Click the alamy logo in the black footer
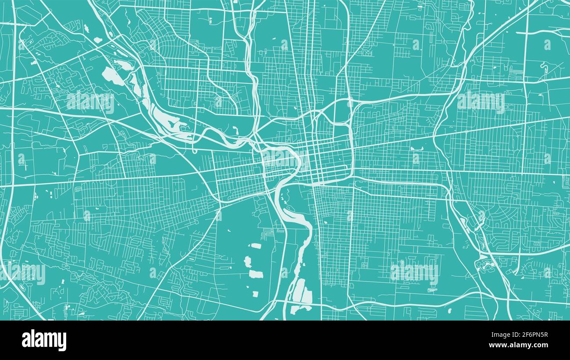[x=44, y=340]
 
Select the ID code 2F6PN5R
[x=532, y=335]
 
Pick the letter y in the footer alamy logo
[x=62, y=342]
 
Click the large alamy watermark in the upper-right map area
[x=481, y=102]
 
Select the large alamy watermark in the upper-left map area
[x=90, y=102]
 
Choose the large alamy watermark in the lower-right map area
[x=414, y=273]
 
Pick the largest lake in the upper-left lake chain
[x=113, y=76]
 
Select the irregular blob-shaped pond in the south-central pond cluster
[x=247, y=262]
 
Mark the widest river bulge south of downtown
[x=290, y=214]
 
